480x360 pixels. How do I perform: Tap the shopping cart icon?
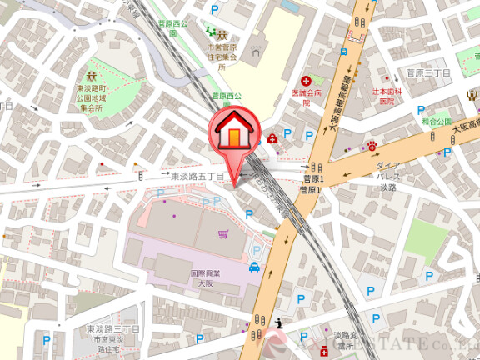pyautogui.click(x=222, y=234)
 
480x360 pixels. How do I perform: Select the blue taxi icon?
pyautogui.click(x=254, y=267)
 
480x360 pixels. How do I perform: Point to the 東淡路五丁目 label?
pyautogui.click(x=197, y=177)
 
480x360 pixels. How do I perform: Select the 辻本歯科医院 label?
pyautogui.click(x=387, y=95)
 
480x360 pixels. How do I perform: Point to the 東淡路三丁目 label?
pyautogui.click(x=113, y=331)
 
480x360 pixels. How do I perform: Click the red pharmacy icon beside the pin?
pyautogui.click(x=272, y=138)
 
